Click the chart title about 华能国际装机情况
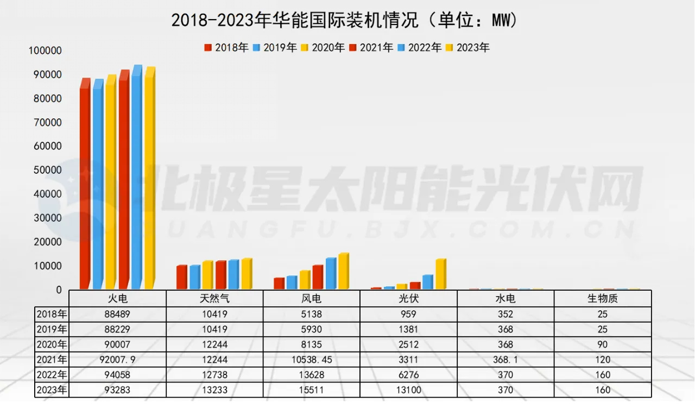[344, 20]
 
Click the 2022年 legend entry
[419, 48]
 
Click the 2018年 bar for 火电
[84, 185]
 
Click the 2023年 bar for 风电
[343, 272]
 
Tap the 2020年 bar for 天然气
[207, 275]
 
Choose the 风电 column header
[311, 299]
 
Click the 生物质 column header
[602, 299]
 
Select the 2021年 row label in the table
[52, 360]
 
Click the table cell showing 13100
[408, 390]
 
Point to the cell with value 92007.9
[117, 360]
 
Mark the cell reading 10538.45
[311, 360]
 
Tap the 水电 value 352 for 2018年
[505, 314]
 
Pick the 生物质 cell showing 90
[602, 344]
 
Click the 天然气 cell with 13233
[214, 390]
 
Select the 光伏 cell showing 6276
[408, 375]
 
